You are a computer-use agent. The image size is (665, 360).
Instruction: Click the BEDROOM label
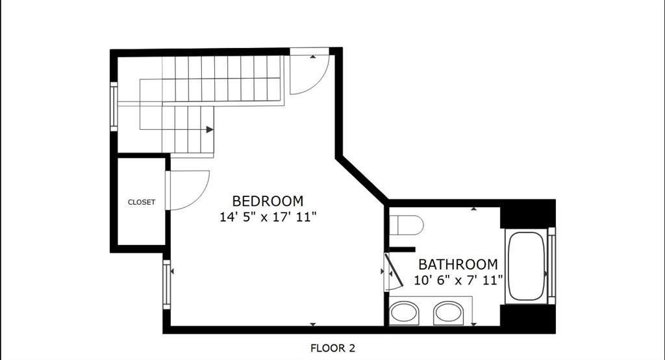(268, 201)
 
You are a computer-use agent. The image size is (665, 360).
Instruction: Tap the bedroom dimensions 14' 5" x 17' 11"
(268, 217)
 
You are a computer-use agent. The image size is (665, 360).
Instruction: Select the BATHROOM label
(458, 264)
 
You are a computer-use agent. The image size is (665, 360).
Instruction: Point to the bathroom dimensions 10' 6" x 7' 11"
(458, 281)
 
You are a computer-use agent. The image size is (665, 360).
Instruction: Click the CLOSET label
(142, 202)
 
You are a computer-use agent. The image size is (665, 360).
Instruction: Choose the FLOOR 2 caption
(332, 348)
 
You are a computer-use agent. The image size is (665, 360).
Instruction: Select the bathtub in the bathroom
(527, 266)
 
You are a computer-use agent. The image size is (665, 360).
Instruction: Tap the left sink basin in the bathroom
(404, 313)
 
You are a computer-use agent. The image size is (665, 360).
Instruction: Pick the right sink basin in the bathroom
(448, 313)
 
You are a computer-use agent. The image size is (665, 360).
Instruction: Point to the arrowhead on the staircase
(210, 129)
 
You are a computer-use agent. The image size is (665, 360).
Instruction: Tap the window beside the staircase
(114, 107)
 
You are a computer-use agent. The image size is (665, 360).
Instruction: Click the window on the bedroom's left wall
(167, 284)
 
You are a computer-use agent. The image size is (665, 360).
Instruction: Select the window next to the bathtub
(552, 266)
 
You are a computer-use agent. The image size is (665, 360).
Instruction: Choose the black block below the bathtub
(528, 318)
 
